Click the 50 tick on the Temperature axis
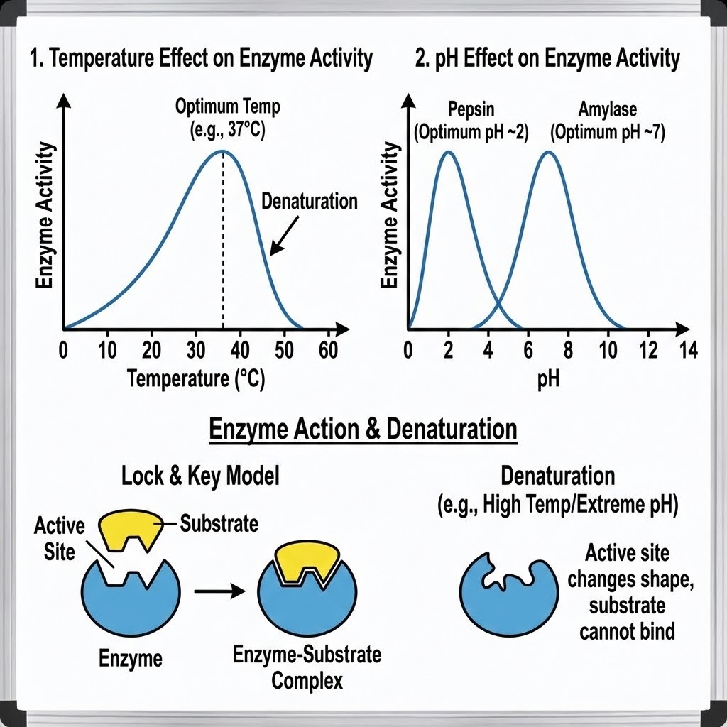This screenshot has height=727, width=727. (x=284, y=350)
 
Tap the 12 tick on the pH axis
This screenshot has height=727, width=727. (x=647, y=350)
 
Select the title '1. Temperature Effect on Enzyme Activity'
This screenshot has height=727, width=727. (x=202, y=59)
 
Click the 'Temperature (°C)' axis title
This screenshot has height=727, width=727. (x=195, y=379)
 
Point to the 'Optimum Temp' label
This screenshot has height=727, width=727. (x=228, y=106)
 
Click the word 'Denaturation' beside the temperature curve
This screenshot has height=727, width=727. (x=310, y=201)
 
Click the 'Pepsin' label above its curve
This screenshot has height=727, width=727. (x=471, y=110)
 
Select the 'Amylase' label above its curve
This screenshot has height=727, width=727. (x=608, y=110)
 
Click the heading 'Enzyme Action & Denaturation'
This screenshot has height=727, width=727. (x=363, y=430)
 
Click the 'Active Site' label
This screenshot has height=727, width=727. (x=59, y=538)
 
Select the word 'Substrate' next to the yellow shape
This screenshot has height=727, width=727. (x=219, y=524)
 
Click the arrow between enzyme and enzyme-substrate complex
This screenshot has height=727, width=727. (x=220, y=590)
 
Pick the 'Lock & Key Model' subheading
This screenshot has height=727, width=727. (x=200, y=476)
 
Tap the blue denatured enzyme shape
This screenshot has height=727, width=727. (x=503, y=588)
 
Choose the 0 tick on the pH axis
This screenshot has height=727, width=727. (x=408, y=350)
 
